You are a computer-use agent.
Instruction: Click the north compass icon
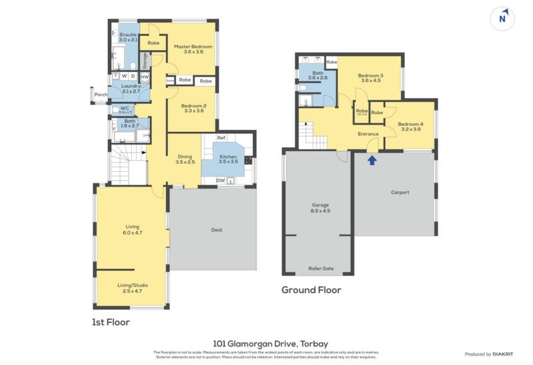[x=504, y=19]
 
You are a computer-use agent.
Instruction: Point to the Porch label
[x=101, y=95]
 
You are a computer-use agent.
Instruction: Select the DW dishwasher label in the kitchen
[x=220, y=180]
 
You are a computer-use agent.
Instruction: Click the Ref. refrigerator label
[x=221, y=138]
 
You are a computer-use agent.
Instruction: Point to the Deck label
[x=217, y=230]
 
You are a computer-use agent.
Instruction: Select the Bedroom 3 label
[x=370, y=79]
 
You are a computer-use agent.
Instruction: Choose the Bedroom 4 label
[x=410, y=126]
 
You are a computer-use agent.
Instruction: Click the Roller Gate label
[x=320, y=268]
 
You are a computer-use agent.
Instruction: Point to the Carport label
[x=400, y=192]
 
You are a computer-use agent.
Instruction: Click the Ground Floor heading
[x=311, y=290]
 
